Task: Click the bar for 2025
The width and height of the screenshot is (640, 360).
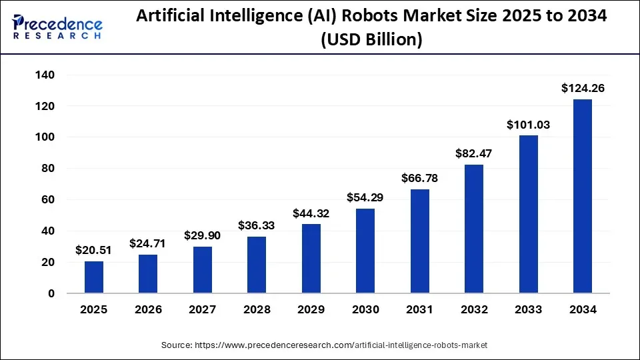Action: pos(94,277)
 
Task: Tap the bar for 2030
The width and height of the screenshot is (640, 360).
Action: pos(365,251)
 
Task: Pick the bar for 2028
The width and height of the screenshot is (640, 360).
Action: pos(257,265)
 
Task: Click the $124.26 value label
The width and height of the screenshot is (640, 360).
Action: pos(583,88)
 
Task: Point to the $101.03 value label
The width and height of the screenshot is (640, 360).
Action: pos(529,124)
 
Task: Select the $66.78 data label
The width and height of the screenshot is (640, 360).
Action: pos(419,178)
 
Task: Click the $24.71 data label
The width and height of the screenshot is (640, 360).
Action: pos(148,243)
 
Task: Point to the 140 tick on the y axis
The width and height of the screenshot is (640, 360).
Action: pos(45,75)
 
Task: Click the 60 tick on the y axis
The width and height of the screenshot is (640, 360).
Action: pos(49,200)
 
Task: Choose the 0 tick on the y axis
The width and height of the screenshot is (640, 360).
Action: pos(52,293)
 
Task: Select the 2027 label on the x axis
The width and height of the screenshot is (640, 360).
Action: pos(203,310)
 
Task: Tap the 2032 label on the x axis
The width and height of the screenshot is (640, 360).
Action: pos(474,310)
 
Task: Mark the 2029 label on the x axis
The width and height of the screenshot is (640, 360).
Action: pos(311,310)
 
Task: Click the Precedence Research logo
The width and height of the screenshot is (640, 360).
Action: pos(57,27)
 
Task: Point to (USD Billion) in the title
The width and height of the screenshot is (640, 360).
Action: pos(371,41)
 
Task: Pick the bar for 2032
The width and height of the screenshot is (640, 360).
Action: pos(474,229)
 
